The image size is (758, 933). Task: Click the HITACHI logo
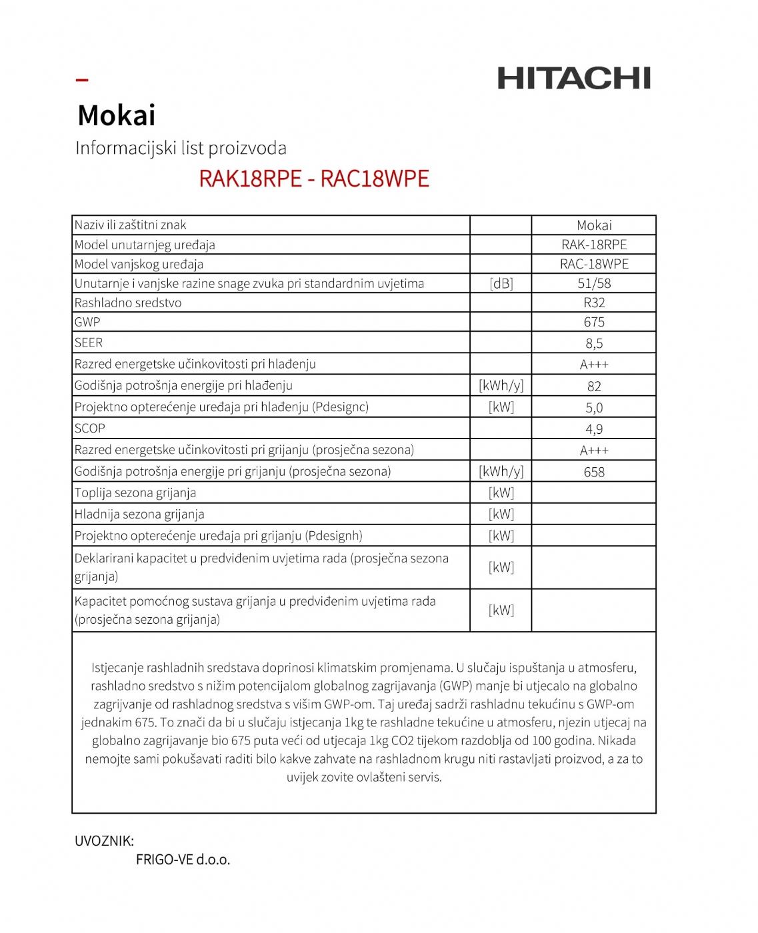[x=573, y=78]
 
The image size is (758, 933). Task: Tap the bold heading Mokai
[x=117, y=115]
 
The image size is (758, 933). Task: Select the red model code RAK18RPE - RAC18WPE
[x=314, y=179]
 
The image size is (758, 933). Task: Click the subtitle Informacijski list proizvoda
[x=181, y=148]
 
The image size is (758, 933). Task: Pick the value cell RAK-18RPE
[x=594, y=245]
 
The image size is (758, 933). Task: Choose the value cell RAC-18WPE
[x=594, y=264]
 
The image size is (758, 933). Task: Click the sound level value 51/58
[x=594, y=283]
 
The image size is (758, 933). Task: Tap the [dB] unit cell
[x=501, y=283]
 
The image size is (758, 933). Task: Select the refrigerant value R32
[x=594, y=303]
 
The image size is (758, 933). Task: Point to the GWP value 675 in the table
[x=594, y=322]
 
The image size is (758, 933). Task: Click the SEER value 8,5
[x=594, y=343]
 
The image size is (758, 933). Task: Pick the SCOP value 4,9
[x=594, y=429]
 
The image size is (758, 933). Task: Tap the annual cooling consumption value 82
[x=594, y=386]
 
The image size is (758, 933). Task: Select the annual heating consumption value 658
[x=594, y=472]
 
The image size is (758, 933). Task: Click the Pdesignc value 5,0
[x=594, y=407]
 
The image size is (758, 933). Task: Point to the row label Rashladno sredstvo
[x=128, y=303]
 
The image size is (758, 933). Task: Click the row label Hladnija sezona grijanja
[x=139, y=514]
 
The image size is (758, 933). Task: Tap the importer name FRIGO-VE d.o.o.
[x=183, y=860]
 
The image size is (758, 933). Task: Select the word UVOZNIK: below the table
[x=105, y=841]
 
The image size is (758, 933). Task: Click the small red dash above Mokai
[x=82, y=80]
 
